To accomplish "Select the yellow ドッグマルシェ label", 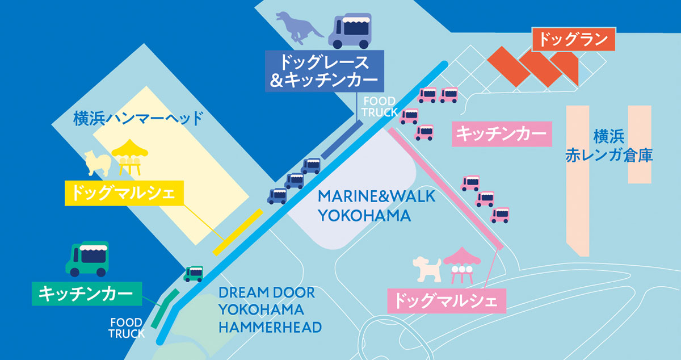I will pyautogui.click(x=125, y=193).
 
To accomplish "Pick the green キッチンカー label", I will pyautogui.click(x=86, y=293).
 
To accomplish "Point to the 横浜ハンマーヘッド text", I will pyautogui.click(x=138, y=119).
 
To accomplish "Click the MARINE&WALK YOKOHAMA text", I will pyautogui.click(x=376, y=206).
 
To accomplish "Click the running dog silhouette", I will pyautogui.click(x=299, y=26).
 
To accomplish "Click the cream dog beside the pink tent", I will pyautogui.click(x=427, y=269).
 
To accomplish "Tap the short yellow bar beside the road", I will pyautogui.click(x=237, y=232).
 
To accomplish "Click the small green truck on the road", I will pyautogui.click(x=194, y=273).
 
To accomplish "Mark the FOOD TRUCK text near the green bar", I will pyautogui.click(x=127, y=328).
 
